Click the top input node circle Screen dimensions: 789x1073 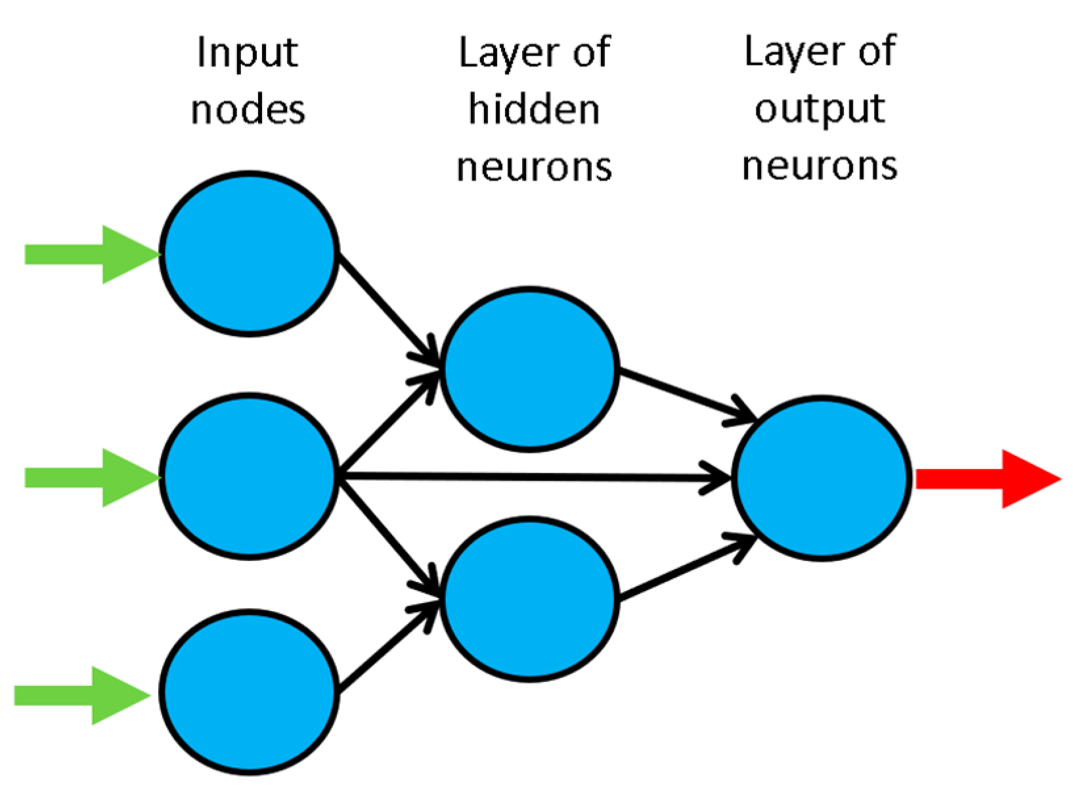(250, 254)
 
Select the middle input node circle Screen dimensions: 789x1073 (250, 476)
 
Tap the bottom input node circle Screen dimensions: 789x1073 (250, 692)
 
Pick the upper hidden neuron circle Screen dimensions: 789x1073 (530, 369)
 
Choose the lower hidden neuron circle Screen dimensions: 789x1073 (530, 598)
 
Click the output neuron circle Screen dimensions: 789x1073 (821, 478)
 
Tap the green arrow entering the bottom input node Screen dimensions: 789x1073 (79, 695)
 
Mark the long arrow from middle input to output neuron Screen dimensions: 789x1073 (532, 477)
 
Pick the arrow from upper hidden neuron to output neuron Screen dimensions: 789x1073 (683, 394)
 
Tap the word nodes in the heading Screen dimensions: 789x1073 (248, 110)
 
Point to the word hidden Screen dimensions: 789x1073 (534, 109)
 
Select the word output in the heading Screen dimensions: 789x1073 (820, 110)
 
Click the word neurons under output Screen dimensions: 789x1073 (820, 166)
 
